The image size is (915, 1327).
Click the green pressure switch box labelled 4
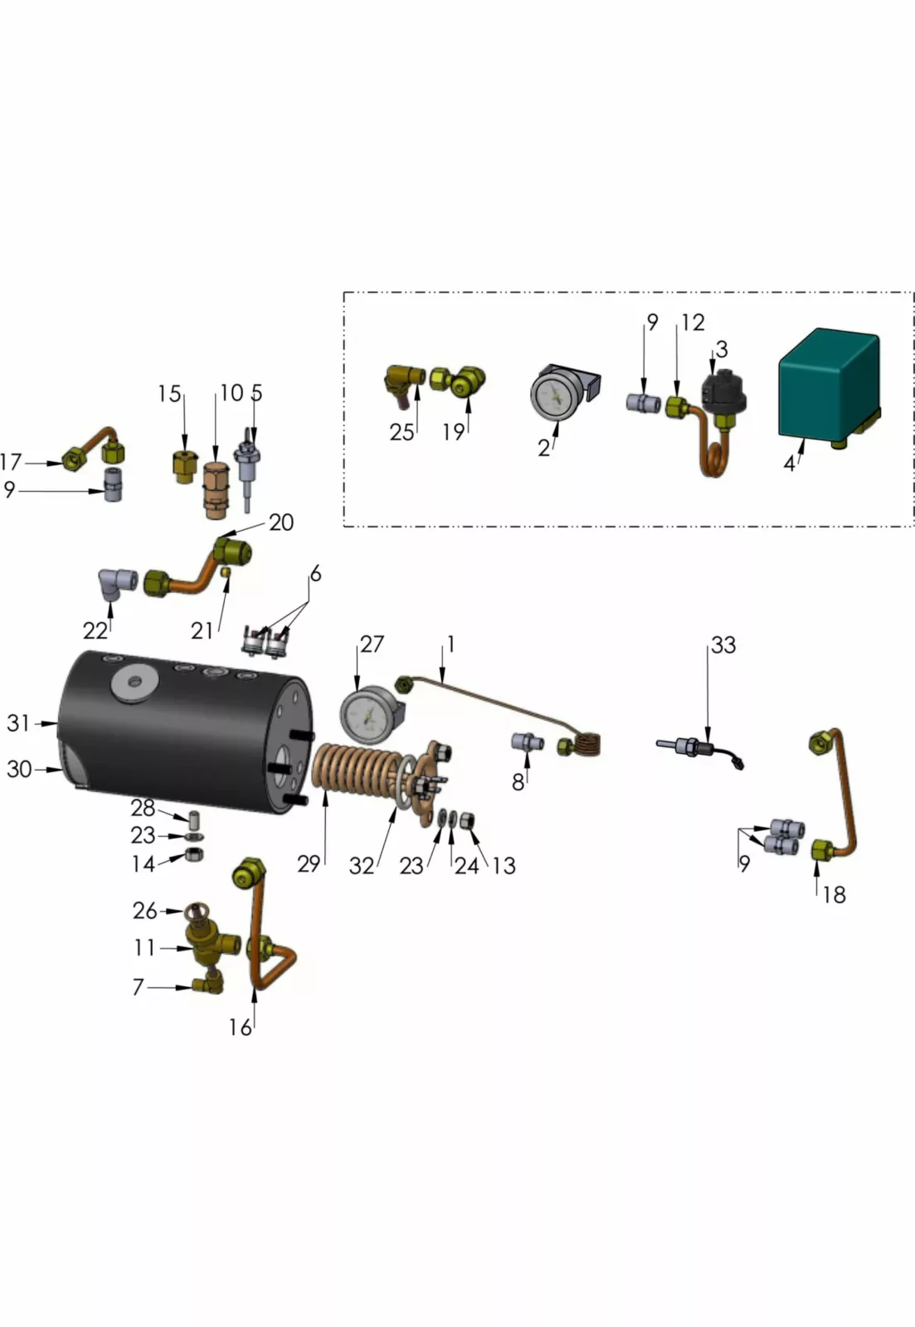pos(828,383)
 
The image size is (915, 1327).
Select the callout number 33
pos(723,644)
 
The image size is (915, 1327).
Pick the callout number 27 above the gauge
pos(372,644)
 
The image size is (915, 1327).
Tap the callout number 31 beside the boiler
pos(18,723)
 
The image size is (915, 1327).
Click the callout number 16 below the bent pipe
pos(240,1028)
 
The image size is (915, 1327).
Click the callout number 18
pos(834,894)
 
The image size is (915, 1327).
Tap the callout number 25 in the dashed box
pos(402,432)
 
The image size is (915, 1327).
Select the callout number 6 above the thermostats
pos(315,574)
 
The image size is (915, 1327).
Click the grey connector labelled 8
pos(526,741)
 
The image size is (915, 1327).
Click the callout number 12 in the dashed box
pos(693,322)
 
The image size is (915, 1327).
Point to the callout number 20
pos(281,523)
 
